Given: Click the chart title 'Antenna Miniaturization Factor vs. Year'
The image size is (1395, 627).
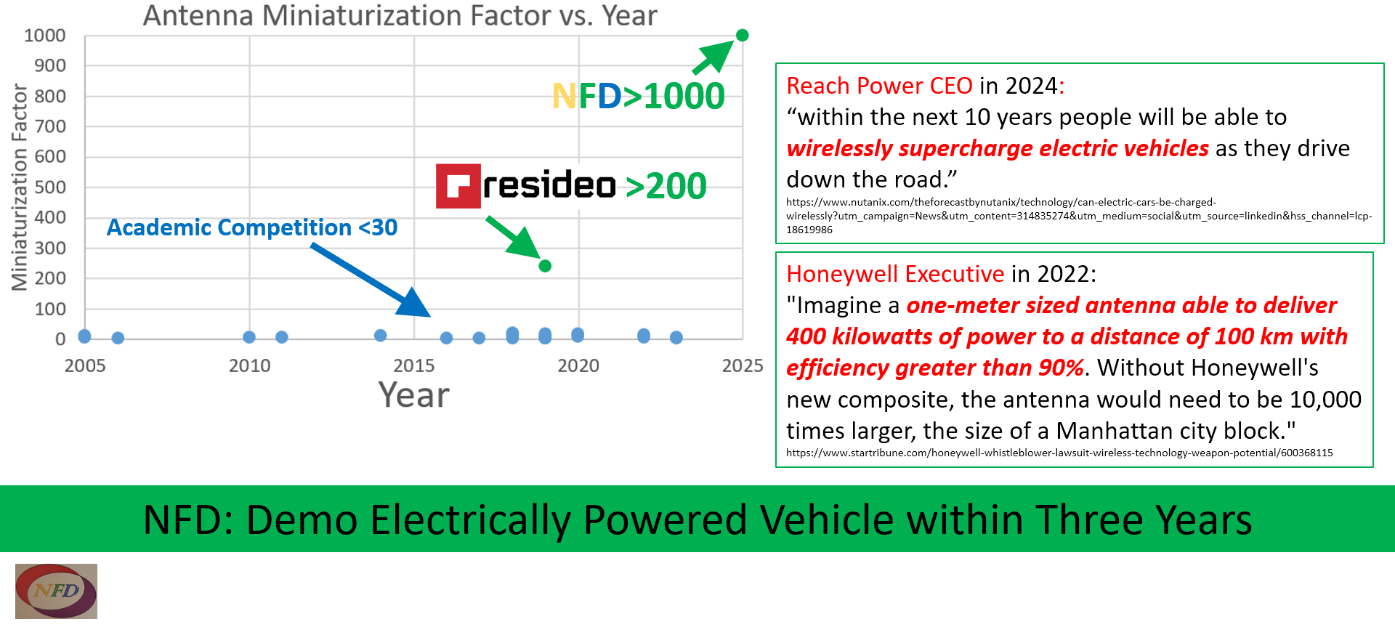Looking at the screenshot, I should click(400, 16).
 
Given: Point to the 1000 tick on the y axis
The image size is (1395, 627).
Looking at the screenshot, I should click(45, 36).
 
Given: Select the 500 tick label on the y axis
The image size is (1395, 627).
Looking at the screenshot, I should click(50, 187).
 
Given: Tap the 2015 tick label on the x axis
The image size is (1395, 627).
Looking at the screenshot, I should click(414, 365).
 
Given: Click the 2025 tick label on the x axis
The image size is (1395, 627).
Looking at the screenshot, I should click(743, 365).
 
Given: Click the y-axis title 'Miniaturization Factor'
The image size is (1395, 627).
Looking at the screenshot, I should click(20, 187).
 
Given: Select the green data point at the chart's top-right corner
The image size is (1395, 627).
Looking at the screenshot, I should click(742, 35).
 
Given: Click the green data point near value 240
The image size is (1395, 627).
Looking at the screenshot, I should click(545, 266).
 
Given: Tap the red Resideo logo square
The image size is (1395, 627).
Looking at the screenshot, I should click(458, 186).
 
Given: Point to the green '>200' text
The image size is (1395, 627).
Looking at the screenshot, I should click(666, 187).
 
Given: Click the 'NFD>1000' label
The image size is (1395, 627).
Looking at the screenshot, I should click(638, 96).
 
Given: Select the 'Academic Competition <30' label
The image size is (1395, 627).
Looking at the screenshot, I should click(252, 227).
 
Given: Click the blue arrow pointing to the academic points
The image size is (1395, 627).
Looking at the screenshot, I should click(371, 280).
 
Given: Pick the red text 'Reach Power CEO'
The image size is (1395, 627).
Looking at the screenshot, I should click(879, 86).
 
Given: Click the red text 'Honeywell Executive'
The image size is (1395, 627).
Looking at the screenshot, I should click(895, 274).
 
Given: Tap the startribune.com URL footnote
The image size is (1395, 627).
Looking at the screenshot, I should click(1059, 453).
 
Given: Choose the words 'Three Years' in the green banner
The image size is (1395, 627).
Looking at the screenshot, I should click(1144, 520).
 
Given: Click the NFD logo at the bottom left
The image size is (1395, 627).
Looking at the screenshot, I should click(56, 591).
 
